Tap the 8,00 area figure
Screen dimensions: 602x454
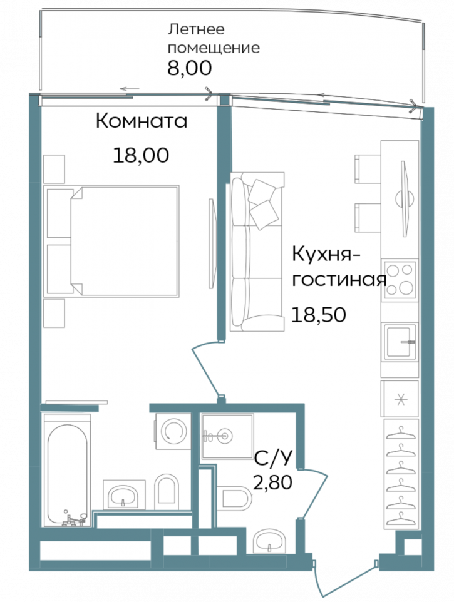(x=189, y=68)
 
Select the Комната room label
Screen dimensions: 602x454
(x=142, y=121)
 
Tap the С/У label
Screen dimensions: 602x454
(x=274, y=460)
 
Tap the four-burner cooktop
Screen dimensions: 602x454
(x=401, y=279)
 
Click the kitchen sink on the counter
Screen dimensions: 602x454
(x=401, y=342)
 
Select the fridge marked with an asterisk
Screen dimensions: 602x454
(x=401, y=398)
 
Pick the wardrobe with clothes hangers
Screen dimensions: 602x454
(x=401, y=476)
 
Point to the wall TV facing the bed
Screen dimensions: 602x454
(x=212, y=240)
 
